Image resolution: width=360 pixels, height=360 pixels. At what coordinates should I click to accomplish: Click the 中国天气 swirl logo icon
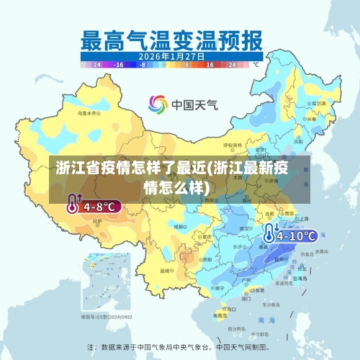[158, 104]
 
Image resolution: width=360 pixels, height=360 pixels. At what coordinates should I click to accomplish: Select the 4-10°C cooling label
[297, 235]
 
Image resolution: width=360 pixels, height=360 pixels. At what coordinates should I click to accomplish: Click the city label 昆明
[167, 270]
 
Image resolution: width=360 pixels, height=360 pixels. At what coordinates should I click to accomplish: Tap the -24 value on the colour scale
[98, 64]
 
